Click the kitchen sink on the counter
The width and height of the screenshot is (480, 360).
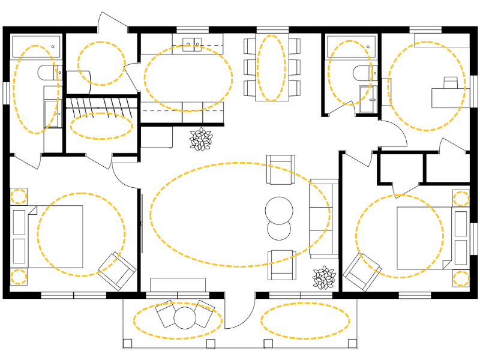point(193,43)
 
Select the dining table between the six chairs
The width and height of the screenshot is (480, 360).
point(271,68)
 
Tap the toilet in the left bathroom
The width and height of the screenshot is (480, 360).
point(48,73)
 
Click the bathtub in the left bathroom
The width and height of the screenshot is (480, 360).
point(36,45)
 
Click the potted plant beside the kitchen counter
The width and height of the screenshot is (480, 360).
point(200,139)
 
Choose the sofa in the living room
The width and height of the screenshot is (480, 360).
point(319,218)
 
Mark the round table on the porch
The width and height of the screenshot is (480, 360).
point(184,318)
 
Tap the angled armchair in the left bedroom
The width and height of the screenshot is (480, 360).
point(117,271)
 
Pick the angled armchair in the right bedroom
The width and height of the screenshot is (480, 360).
point(362,272)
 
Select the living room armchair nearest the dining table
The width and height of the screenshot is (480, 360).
point(281,169)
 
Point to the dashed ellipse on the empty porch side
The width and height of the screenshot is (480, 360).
point(305,319)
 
